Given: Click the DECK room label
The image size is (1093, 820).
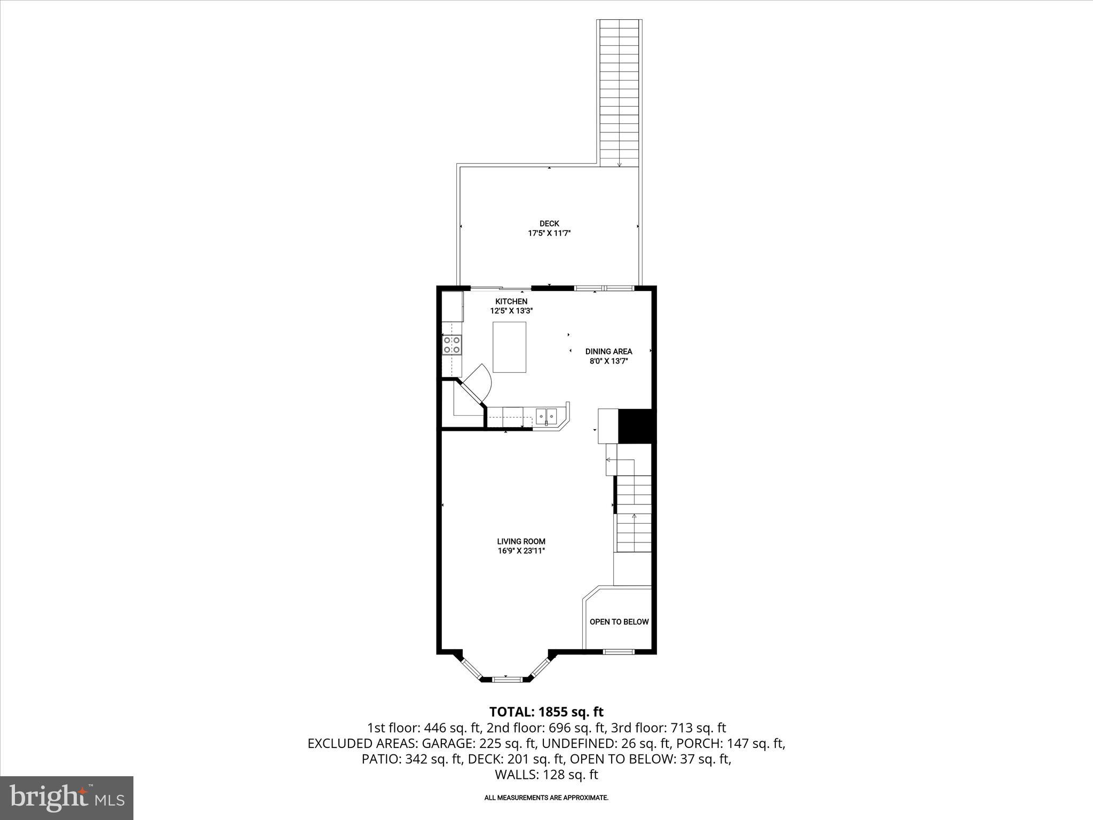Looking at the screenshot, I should tap(549, 224).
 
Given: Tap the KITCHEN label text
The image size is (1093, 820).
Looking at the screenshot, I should tap(511, 302).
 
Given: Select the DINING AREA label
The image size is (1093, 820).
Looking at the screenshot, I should tap(608, 351).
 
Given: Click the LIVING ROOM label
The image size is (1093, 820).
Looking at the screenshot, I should tap(521, 541).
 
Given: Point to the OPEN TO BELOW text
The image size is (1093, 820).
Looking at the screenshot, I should tap(619, 622).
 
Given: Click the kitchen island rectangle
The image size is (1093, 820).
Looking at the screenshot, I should tap(509, 347).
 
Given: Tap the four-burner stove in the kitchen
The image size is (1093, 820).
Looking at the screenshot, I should tap(452, 345).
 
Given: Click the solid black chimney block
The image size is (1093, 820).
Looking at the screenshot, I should tap(635, 426).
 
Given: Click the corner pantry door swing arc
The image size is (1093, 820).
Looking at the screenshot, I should tap(480, 379).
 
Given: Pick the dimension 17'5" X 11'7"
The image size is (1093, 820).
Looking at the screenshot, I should tap(549, 233).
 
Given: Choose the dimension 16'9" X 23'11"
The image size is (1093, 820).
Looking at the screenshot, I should tap(521, 551).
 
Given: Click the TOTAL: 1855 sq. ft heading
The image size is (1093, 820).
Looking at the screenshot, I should tap(546, 712).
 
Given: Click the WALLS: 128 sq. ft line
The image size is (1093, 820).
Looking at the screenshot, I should tap(546, 775).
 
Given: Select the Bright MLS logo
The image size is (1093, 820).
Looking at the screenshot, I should tap(66, 798).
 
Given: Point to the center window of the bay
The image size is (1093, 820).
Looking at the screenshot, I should tap(506, 679).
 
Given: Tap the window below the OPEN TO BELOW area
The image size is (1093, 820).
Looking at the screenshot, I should tap(619, 651).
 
